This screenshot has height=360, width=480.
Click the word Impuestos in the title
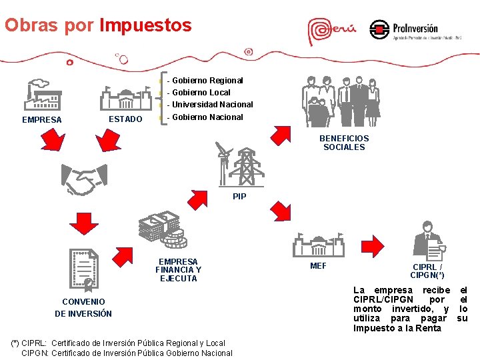145,25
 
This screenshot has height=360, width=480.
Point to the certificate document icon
85,271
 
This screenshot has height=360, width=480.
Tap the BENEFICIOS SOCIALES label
344,143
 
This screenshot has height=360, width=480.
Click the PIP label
239,197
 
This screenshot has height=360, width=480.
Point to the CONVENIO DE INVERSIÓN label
83,307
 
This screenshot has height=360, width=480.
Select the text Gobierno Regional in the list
208,81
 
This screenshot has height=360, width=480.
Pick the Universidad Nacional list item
213,105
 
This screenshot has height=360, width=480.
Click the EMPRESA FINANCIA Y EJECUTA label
178,270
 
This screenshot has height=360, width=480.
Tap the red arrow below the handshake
84,223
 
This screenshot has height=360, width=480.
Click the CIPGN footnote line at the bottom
127,353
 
